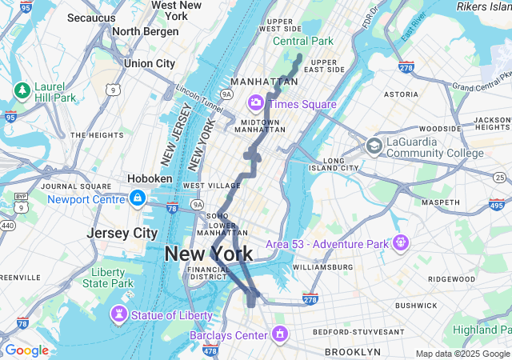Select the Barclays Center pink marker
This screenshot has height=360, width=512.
click(x=280, y=334)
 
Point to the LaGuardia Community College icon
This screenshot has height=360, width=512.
click(x=374, y=146)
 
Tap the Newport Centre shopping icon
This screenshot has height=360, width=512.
click(x=138, y=197)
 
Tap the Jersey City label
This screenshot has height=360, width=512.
click(x=122, y=233)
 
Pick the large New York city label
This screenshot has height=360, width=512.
click(x=208, y=254)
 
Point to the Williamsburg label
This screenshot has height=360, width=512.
click(x=322, y=266)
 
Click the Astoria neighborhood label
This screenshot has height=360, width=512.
click(x=402, y=94)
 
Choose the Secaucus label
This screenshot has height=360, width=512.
click(x=91, y=17)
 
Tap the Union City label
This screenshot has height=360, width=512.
click(x=150, y=63)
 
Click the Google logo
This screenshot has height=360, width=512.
click(x=26, y=350)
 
